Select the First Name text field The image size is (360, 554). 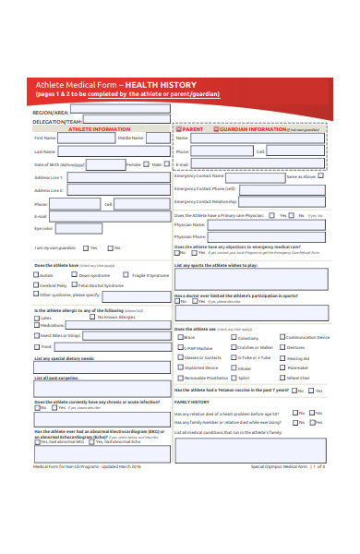(x=85, y=138)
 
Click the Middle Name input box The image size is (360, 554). (x=157, y=138)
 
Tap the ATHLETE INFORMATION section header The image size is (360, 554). (x=102, y=129)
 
